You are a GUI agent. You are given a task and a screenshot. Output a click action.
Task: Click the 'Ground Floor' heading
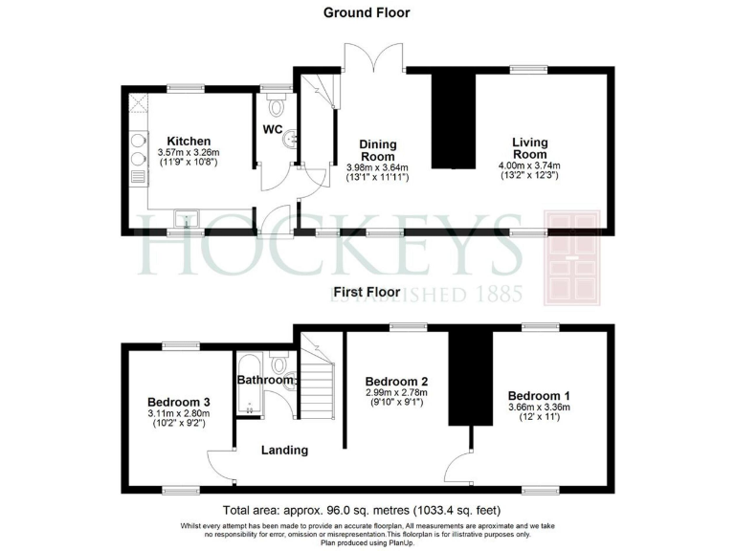coord(367,12)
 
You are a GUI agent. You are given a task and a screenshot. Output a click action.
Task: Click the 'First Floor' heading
coord(367,291)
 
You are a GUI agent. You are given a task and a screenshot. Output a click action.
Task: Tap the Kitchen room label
coord(189,142)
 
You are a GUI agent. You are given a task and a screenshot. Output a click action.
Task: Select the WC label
coord(273,130)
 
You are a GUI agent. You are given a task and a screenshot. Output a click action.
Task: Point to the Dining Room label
coord(377,151)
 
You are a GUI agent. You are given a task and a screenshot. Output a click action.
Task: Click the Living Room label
coord(529,148)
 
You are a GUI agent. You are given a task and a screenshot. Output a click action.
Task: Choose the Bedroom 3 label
coord(178,402)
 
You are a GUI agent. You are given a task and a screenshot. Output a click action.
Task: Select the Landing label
coord(284,450)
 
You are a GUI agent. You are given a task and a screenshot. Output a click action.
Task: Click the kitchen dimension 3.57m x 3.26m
coord(189,153)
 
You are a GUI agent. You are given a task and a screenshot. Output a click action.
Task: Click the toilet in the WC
coord(278,106)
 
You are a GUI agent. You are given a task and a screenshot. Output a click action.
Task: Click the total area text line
coord(361,510)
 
